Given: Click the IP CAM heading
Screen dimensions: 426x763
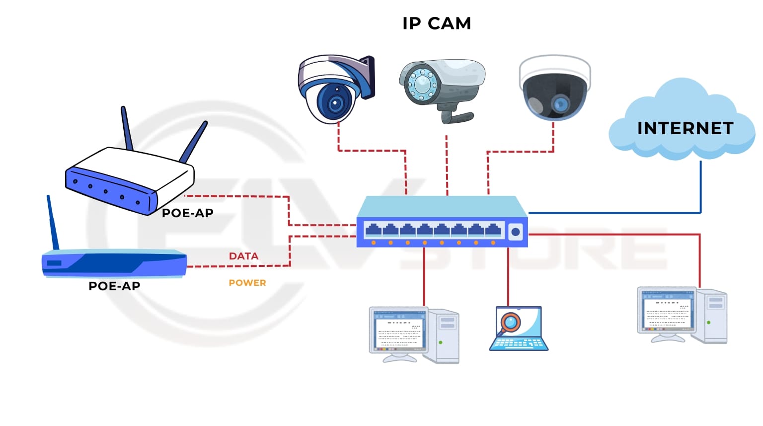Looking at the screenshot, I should pyautogui.click(x=436, y=23).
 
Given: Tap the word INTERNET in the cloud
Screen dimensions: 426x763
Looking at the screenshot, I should pyautogui.click(x=685, y=128).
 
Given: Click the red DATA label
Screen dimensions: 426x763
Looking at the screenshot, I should pyautogui.click(x=243, y=256).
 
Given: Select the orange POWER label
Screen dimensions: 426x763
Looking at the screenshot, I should pyautogui.click(x=247, y=283).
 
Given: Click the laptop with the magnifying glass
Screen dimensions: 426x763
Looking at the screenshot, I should pyautogui.click(x=519, y=329).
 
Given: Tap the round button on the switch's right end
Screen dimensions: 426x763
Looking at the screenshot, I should pyautogui.click(x=516, y=232).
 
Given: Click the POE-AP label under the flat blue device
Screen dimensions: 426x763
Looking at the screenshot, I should pyautogui.click(x=114, y=286).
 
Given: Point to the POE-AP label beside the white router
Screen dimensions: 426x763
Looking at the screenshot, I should pyautogui.click(x=188, y=213).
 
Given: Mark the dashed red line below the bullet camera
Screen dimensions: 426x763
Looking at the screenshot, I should pyautogui.click(x=447, y=164).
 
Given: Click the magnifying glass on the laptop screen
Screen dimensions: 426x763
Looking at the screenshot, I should pyautogui.click(x=510, y=322).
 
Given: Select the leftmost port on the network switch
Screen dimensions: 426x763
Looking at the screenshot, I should pyautogui.click(x=373, y=230).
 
